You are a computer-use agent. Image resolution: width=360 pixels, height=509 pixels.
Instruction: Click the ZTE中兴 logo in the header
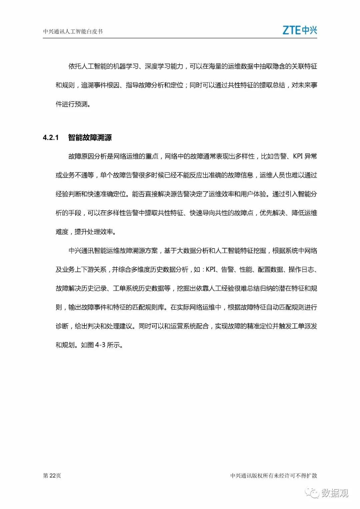click(x=300, y=30)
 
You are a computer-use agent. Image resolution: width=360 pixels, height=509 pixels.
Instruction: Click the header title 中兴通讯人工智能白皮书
click(x=73, y=32)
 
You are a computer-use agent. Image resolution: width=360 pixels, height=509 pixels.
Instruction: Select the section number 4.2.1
click(x=51, y=137)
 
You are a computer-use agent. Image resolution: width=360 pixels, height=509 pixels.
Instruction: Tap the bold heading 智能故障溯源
click(x=90, y=137)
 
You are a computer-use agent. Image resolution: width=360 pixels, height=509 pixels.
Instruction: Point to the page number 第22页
click(x=52, y=475)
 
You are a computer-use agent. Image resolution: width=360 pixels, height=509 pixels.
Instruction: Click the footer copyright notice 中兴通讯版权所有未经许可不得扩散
click(x=273, y=475)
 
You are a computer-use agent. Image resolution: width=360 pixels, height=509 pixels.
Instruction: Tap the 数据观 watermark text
click(x=335, y=493)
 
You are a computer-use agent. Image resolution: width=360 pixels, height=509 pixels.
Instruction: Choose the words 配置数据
click(x=270, y=270)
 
